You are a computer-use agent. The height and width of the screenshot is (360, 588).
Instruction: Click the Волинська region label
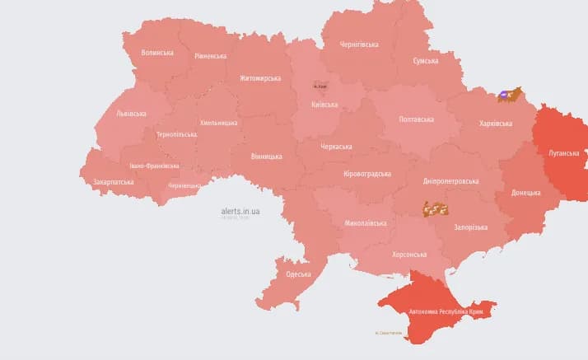(x=157, y=53)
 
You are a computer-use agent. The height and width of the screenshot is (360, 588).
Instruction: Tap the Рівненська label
(x=211, y=56)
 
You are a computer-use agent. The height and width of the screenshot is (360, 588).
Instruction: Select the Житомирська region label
(x=260, y=78)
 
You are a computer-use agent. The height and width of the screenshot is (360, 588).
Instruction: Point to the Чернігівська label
(x=359, y=44)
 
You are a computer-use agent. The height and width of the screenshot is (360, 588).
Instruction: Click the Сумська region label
(x=426, y=61)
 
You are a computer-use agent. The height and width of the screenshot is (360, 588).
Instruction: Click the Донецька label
(x=526, y=193)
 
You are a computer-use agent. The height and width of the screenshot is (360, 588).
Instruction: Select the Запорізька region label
(x=471, y=227)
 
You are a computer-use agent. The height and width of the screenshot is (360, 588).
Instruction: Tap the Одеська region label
(x=298, y=274)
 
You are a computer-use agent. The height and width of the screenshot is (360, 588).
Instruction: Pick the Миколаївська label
(x=366, y=223)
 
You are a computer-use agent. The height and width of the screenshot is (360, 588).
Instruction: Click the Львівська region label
(x=132, y=114)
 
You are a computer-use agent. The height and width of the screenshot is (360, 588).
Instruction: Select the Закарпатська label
(x=114, y=182)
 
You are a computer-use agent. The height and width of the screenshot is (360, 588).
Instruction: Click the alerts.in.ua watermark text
(x=240, y=212)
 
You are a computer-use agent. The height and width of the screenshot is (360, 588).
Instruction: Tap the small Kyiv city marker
(x=320, y=85)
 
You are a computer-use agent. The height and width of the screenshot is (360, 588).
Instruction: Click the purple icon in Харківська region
(x=502, y=95)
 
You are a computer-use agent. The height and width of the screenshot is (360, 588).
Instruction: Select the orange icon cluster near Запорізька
(x=435, y=209)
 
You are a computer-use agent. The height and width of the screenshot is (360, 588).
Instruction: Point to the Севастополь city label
(x=389, y=333)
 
